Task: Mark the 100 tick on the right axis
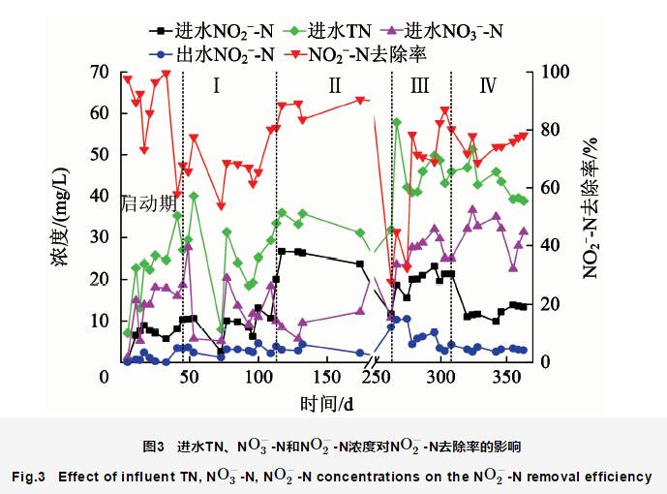pyautogui.click(x=550, y=72)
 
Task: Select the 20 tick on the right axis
pyautogui.click(x=548, y=304)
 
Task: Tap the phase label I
pyautogui.click(x=217, y=86)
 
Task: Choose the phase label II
pyautogui.click(x=334, y=86)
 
